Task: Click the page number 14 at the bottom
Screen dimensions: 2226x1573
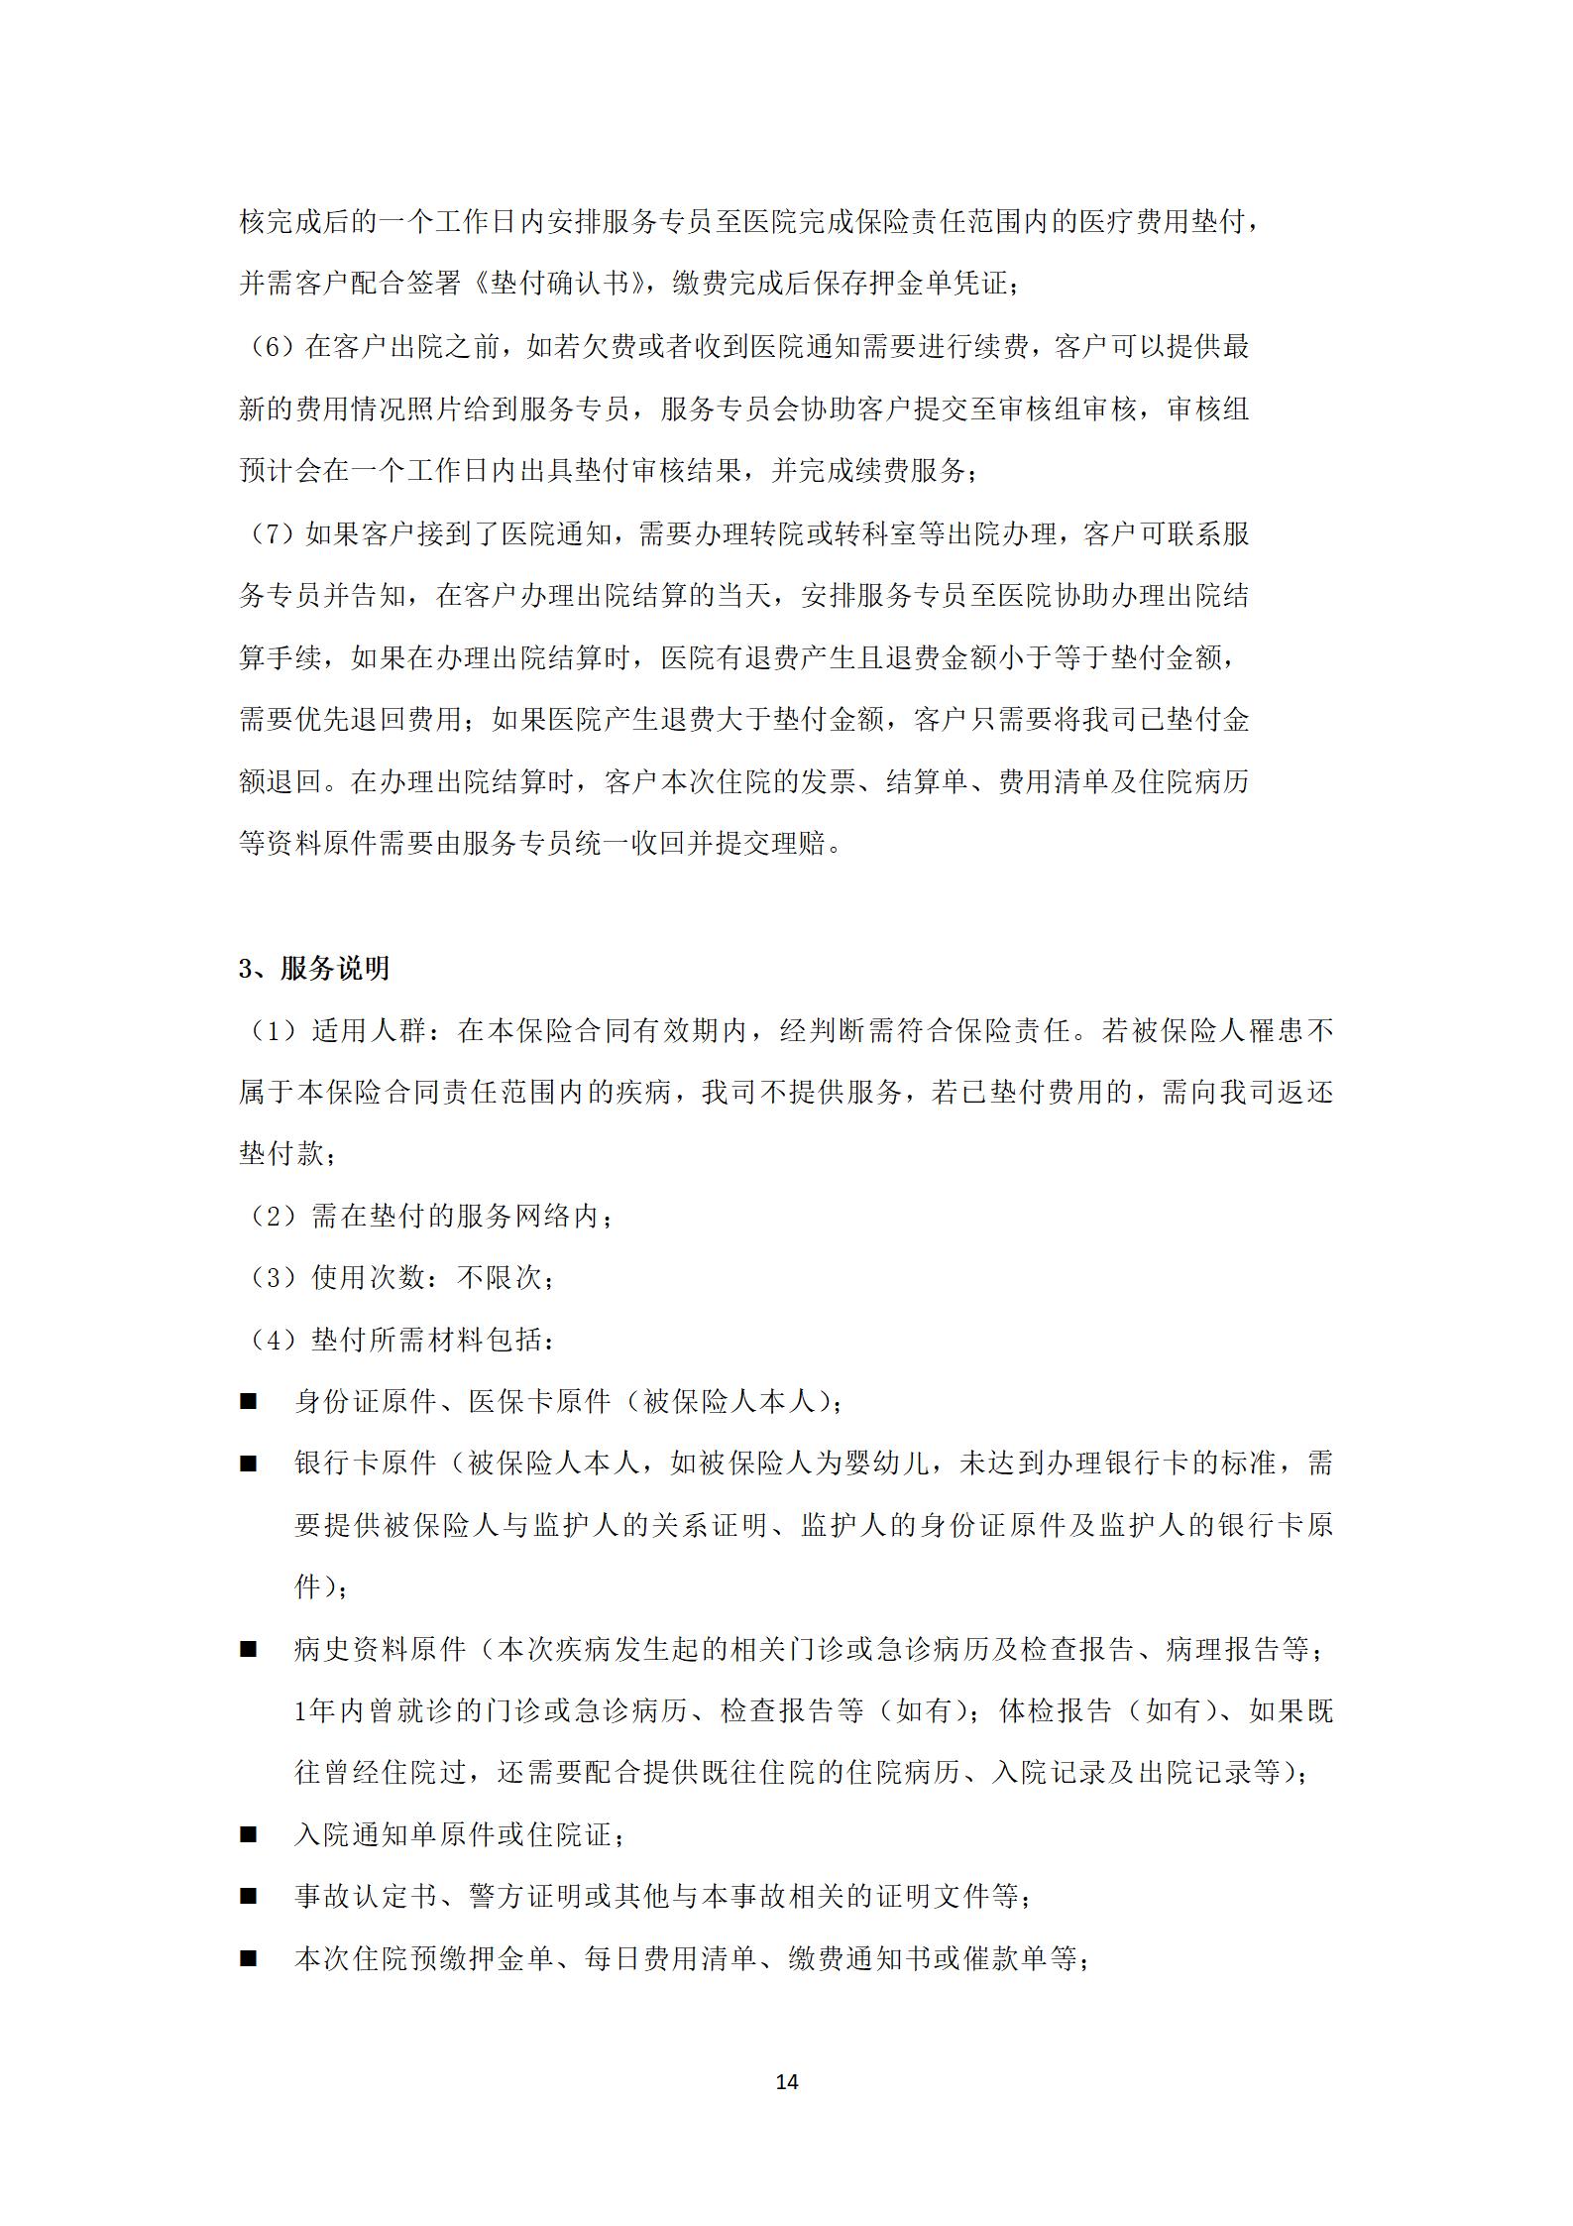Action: point(786,2081)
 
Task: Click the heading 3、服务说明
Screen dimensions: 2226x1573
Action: point(314,969)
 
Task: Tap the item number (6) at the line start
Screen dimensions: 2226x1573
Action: point(271,347)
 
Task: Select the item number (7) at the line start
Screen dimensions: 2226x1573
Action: point(271,534)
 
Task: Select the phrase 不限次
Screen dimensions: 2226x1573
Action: point(499,1278)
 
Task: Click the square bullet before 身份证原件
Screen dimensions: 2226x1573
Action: point(248,1402)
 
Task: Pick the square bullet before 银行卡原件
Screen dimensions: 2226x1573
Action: point(248,1464)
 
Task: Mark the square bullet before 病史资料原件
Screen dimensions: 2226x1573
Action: point(248,1650)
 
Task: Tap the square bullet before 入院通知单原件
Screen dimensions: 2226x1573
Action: point(248,1835)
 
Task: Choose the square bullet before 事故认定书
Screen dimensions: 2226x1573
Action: point(248,1898)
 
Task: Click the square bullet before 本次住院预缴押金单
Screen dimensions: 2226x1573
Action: point(248,1959)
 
